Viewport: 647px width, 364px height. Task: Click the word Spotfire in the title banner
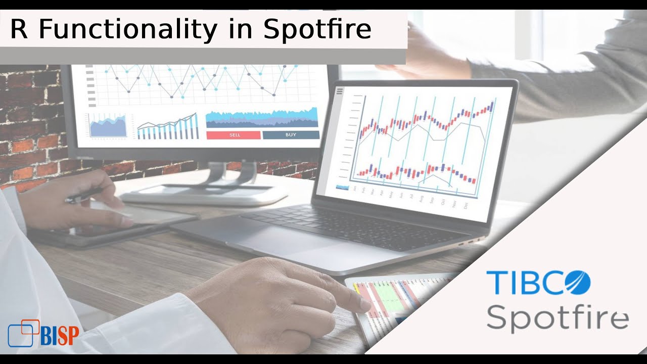317,29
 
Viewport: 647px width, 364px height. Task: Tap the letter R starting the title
19,29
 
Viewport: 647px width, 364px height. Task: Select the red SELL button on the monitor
234,135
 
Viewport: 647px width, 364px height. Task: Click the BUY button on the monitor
291,135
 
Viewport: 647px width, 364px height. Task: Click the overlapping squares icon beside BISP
23,333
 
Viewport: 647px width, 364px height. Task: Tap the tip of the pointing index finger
365,304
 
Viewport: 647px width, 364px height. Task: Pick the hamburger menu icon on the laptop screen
340,92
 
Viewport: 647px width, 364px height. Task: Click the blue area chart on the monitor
262,118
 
